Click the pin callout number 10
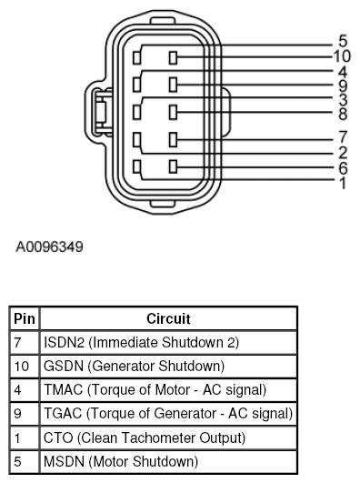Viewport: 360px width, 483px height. pyautogui.click(x=342, y=56)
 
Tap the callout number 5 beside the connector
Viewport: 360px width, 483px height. pyautogui.click(x=342, y=41)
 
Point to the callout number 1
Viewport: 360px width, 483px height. pyautogui.click(x=342, y=183)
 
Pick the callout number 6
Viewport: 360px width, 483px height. pyautogui.click(x=342, y=168)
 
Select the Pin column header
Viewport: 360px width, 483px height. pyautogui.click(x=22, y=319)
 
